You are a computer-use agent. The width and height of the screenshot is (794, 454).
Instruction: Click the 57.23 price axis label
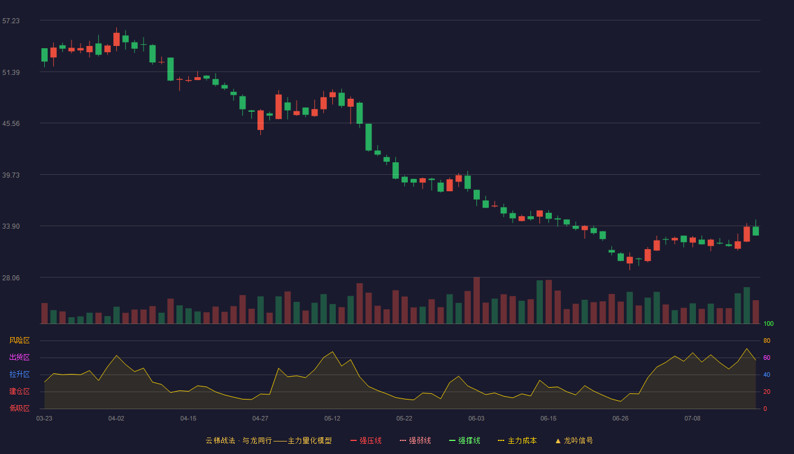coord(11,21)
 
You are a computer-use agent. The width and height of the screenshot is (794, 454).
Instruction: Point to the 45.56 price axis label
coord(11,124)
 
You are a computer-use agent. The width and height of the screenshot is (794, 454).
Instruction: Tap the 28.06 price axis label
coord(11,278)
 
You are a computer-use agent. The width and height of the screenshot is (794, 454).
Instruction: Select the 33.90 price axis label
coord(11,226)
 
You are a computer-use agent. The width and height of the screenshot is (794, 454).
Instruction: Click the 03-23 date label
coord(44,419)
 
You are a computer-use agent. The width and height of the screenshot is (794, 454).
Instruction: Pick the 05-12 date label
coord(332,419)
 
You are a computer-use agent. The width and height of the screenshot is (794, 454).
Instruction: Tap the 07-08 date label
coord(692,419)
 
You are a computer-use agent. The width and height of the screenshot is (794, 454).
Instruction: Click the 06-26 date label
coord(620,419)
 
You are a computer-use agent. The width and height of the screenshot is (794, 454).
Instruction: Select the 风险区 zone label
coord(19,340)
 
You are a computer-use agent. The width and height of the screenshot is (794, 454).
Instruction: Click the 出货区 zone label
coord(19,357)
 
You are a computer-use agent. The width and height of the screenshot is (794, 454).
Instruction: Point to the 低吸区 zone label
coord(19,408)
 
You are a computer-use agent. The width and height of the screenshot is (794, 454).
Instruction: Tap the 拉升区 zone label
coord(19,374)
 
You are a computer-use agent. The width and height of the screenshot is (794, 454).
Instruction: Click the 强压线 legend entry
coord(366,440)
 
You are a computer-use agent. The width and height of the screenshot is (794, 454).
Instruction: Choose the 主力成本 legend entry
coord(517,440)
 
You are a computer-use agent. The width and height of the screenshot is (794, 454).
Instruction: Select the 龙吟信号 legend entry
coord(574,440)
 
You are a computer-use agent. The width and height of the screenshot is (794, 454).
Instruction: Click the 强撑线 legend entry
coord(464,440)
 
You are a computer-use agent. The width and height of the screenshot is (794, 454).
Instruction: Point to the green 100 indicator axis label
coord(768,323)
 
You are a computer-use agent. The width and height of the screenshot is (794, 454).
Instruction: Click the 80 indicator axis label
coord(767,340)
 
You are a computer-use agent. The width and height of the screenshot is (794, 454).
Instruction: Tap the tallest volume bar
coord(477,300)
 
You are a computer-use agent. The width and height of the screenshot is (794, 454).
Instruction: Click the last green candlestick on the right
coord(755,231)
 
